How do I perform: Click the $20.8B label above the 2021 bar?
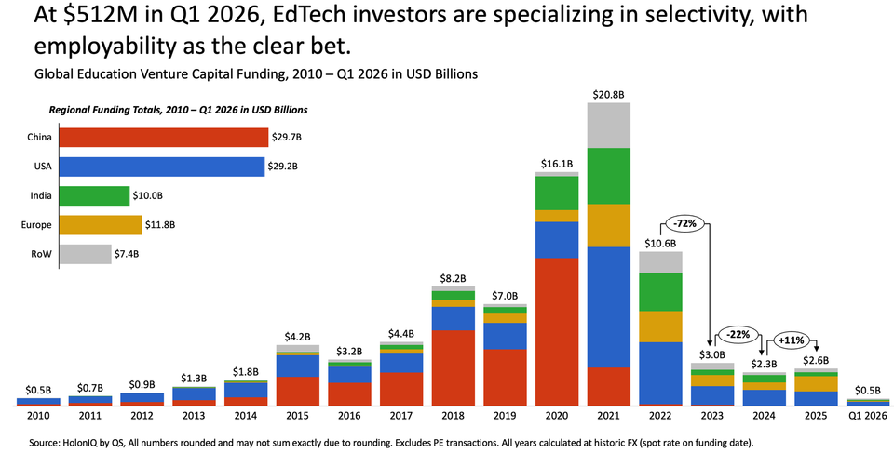tap(609, 95)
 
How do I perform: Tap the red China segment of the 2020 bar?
tap(557, 331)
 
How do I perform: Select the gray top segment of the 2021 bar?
tap(609, 125)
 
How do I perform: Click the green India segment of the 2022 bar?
tap(660, 291)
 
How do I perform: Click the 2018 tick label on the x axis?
tap(454, 418)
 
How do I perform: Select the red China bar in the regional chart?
tap(163, 138)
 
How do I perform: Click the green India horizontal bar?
tap(94, 195)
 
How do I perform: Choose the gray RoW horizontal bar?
tap(85, 253)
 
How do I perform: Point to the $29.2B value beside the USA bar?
tap(282, 167)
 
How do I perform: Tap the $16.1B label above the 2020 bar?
tap(557, 164)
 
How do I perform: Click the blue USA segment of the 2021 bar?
tap(609, 307)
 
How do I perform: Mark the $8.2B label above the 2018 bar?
tap(454, 277)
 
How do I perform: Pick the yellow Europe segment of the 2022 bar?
tap(660, 326)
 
